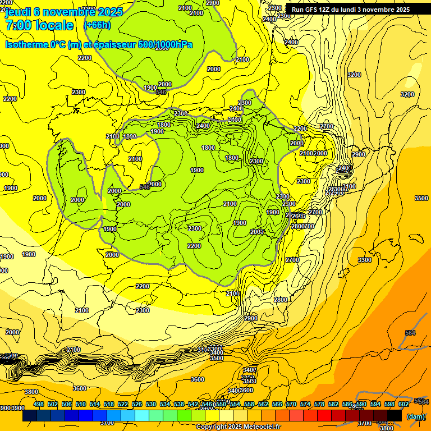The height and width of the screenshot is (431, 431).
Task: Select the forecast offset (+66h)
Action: [97, 25]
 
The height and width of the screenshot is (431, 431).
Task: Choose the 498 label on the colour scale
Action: [39, 404]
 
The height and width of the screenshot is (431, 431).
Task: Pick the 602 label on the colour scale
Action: [404, 404]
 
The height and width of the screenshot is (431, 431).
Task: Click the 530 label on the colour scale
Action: [151, 404]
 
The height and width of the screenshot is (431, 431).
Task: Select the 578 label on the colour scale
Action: [319, 404]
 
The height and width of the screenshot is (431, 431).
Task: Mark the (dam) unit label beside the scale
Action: [416, 416]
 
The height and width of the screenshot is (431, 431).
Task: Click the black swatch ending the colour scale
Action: [395, 416]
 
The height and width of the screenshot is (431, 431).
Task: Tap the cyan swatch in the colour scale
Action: [142, 416]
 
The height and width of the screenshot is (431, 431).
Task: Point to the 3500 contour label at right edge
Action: [421, 198]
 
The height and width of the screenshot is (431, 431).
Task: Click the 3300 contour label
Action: [365, 260]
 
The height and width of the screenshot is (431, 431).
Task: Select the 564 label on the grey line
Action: [410, 333]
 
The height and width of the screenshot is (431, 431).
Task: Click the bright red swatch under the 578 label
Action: [324, 416]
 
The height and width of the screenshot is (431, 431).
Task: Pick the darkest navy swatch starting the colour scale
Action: [30, 416]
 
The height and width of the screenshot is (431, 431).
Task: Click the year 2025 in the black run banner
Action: [401, 10]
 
